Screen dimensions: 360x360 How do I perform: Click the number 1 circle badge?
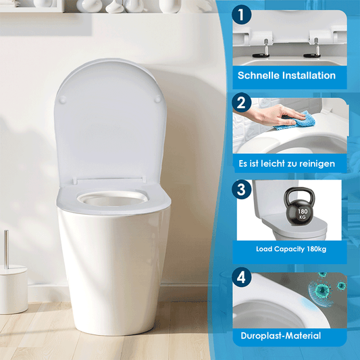tap(241, 16)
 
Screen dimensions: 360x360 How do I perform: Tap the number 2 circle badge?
tap(241, 103)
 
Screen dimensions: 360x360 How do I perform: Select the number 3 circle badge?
tap(241, 190)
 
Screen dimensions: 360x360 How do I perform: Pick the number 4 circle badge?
tap(241, 278)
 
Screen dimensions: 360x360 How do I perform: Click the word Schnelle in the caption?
tap(258, 75)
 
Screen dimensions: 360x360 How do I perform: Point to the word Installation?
tap(308, 75)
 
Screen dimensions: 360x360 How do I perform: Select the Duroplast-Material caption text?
tap(281, 336)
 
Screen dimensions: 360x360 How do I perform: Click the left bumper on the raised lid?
tap(63, 99)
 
